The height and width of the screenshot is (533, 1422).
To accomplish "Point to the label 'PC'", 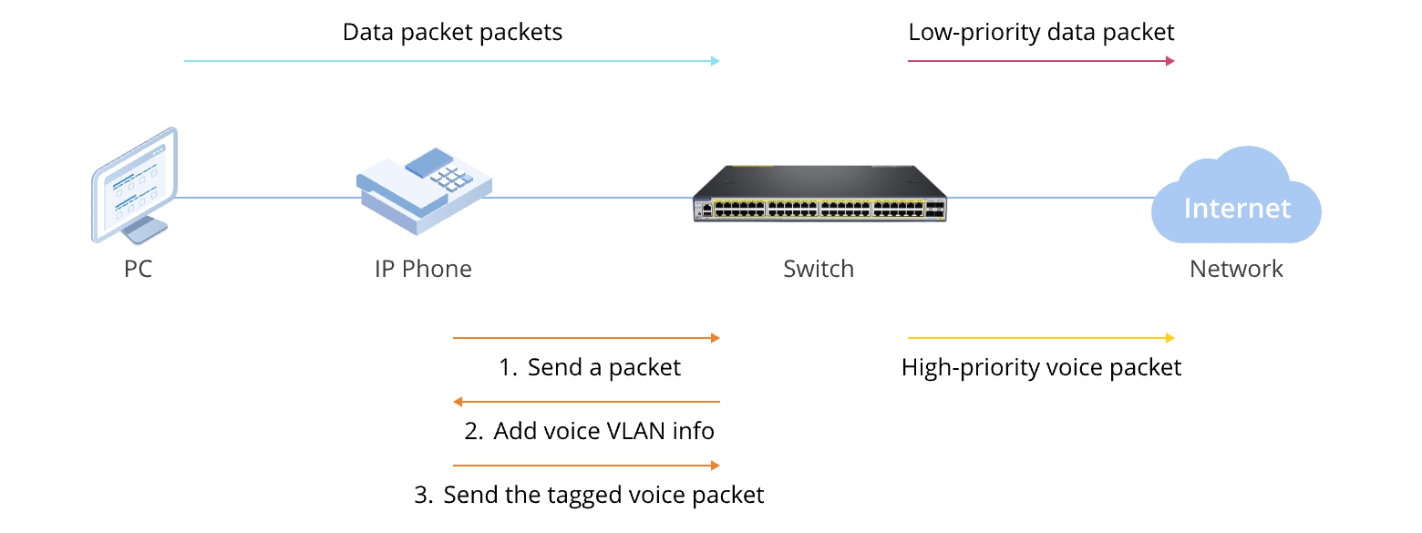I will coord(138,269).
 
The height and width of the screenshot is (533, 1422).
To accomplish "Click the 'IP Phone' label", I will coord(423,269).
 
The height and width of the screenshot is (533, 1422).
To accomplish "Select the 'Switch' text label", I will coord(819,269).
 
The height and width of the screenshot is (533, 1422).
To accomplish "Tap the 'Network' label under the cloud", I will coord(1236,269).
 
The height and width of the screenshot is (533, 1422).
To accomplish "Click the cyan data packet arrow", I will coord(451,61).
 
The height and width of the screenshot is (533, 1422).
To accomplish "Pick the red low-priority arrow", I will coord(1041,61).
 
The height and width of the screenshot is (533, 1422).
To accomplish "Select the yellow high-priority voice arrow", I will coord(1041,338).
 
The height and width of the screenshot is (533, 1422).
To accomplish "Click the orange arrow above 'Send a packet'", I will coord(586,338).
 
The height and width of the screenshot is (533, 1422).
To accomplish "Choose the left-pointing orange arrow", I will coord(586,402).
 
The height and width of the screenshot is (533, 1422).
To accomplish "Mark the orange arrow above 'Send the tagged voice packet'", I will coord(586,466).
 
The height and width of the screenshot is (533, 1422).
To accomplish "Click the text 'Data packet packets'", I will coord(452,33).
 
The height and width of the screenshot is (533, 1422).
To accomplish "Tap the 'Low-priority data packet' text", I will coord(1041,33).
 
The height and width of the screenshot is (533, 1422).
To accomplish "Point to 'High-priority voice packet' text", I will coord(1041,367).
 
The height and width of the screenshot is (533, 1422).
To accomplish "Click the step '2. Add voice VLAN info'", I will coord(589,431).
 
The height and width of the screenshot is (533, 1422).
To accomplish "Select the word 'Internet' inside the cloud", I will coord(1237,209).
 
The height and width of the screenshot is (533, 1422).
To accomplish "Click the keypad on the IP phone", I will coord(450,178).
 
